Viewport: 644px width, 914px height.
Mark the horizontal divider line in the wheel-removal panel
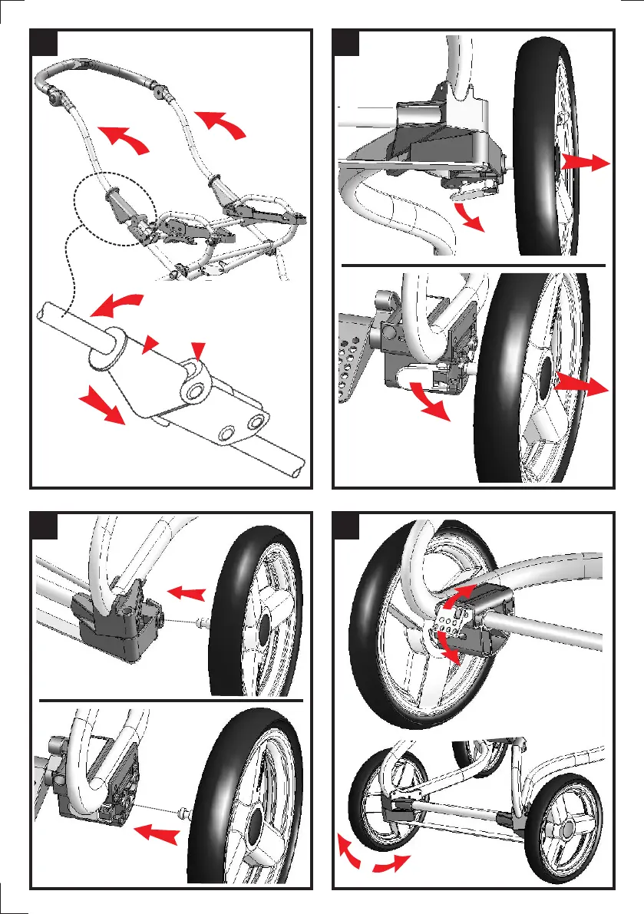pyautogui.click(x=473, y=263)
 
